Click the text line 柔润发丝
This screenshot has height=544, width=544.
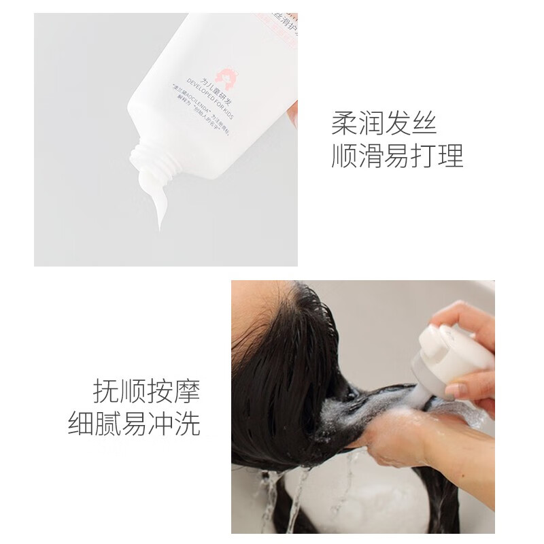tap(384, 124)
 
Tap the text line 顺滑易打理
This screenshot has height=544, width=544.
tap(397, 156)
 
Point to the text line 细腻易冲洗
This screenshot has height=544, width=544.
tap(134, 424)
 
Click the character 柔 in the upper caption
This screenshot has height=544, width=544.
tap(344, 124)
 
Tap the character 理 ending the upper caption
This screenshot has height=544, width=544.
tap(450, 156)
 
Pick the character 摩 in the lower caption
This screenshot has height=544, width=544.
tap(186, 392)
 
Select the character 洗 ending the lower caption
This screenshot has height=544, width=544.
tap(187, 424)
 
